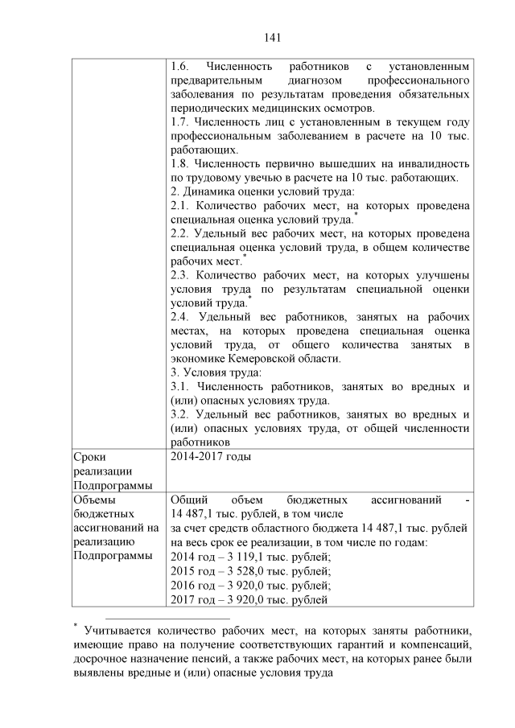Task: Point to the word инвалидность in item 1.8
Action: [434, 163]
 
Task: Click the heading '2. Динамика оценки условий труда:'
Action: [262, 191]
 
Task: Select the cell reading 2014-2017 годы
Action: [211, 458]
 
